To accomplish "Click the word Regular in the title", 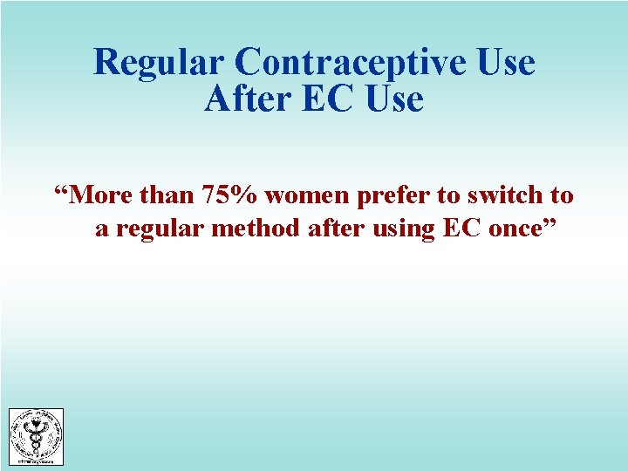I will click(158, 63).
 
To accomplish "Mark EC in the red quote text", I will click(462, 230).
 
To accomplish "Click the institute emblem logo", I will click(36, 437).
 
